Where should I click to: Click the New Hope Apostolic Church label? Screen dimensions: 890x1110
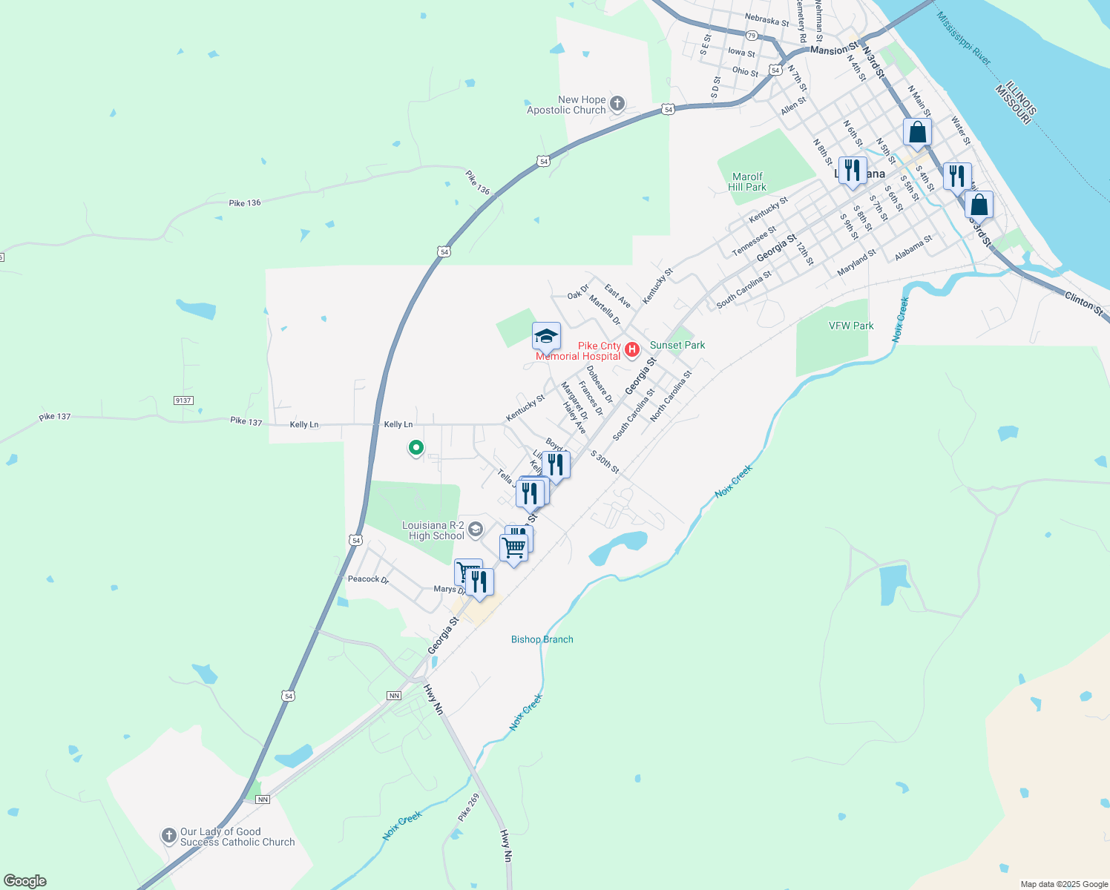[x=566, y=105]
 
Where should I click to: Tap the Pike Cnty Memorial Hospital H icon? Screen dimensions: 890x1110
[x=632, y=349]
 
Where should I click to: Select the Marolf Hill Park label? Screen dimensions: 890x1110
[x=747, y=182]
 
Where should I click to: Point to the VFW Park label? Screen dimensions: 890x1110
[x=851, y=326]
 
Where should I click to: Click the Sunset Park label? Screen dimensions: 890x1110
[x=677, y=345]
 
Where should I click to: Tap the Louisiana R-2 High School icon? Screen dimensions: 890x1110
[x=476, y=529]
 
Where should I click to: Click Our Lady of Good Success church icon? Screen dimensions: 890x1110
[x=169, y=836]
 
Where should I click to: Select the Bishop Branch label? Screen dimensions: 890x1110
[x=542, y=639]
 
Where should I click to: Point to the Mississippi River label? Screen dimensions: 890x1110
[x=963, y=38]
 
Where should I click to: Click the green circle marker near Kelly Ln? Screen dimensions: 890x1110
[x=416, y=447]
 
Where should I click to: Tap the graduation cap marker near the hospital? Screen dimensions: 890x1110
[x=546, y=336]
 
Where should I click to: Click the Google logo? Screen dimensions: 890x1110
[x=25, y=881]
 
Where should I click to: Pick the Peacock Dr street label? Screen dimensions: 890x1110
[x=368, y=579]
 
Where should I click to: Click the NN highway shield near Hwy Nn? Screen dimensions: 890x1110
[x=394, y=696]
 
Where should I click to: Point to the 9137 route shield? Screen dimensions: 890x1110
[x=183, y=400]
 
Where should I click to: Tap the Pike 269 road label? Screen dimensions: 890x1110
[x=468, y=808]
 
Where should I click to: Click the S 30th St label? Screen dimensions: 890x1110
[x=605, y=461]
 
